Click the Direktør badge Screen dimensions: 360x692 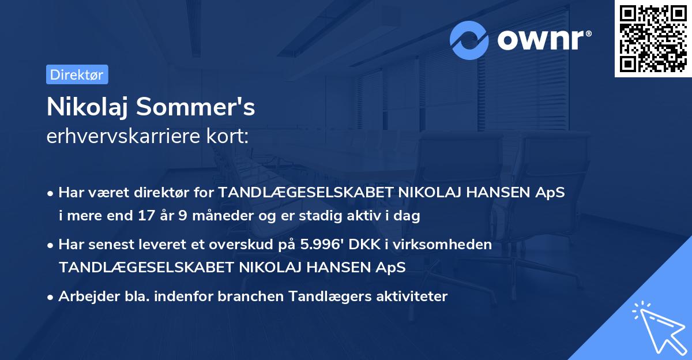point(77,74)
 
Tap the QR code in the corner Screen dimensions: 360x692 point(652,38)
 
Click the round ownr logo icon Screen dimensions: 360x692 point(469,40)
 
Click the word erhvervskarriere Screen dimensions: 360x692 point(121,137)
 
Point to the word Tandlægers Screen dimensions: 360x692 point(319,297)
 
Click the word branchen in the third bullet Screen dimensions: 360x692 point(244,297)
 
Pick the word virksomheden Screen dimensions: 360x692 point(453,245)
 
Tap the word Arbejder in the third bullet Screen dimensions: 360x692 point(86,297)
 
